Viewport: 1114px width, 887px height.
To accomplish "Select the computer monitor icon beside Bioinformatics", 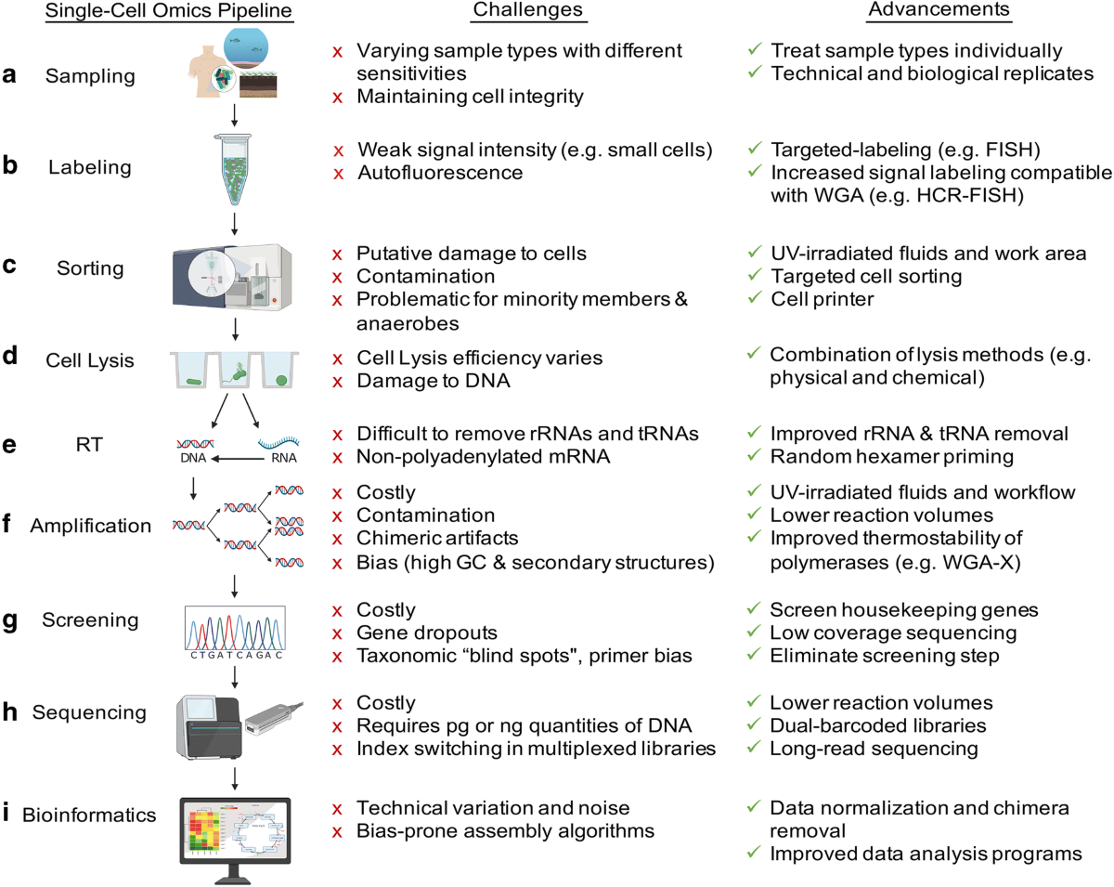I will (x=234, y=833).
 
